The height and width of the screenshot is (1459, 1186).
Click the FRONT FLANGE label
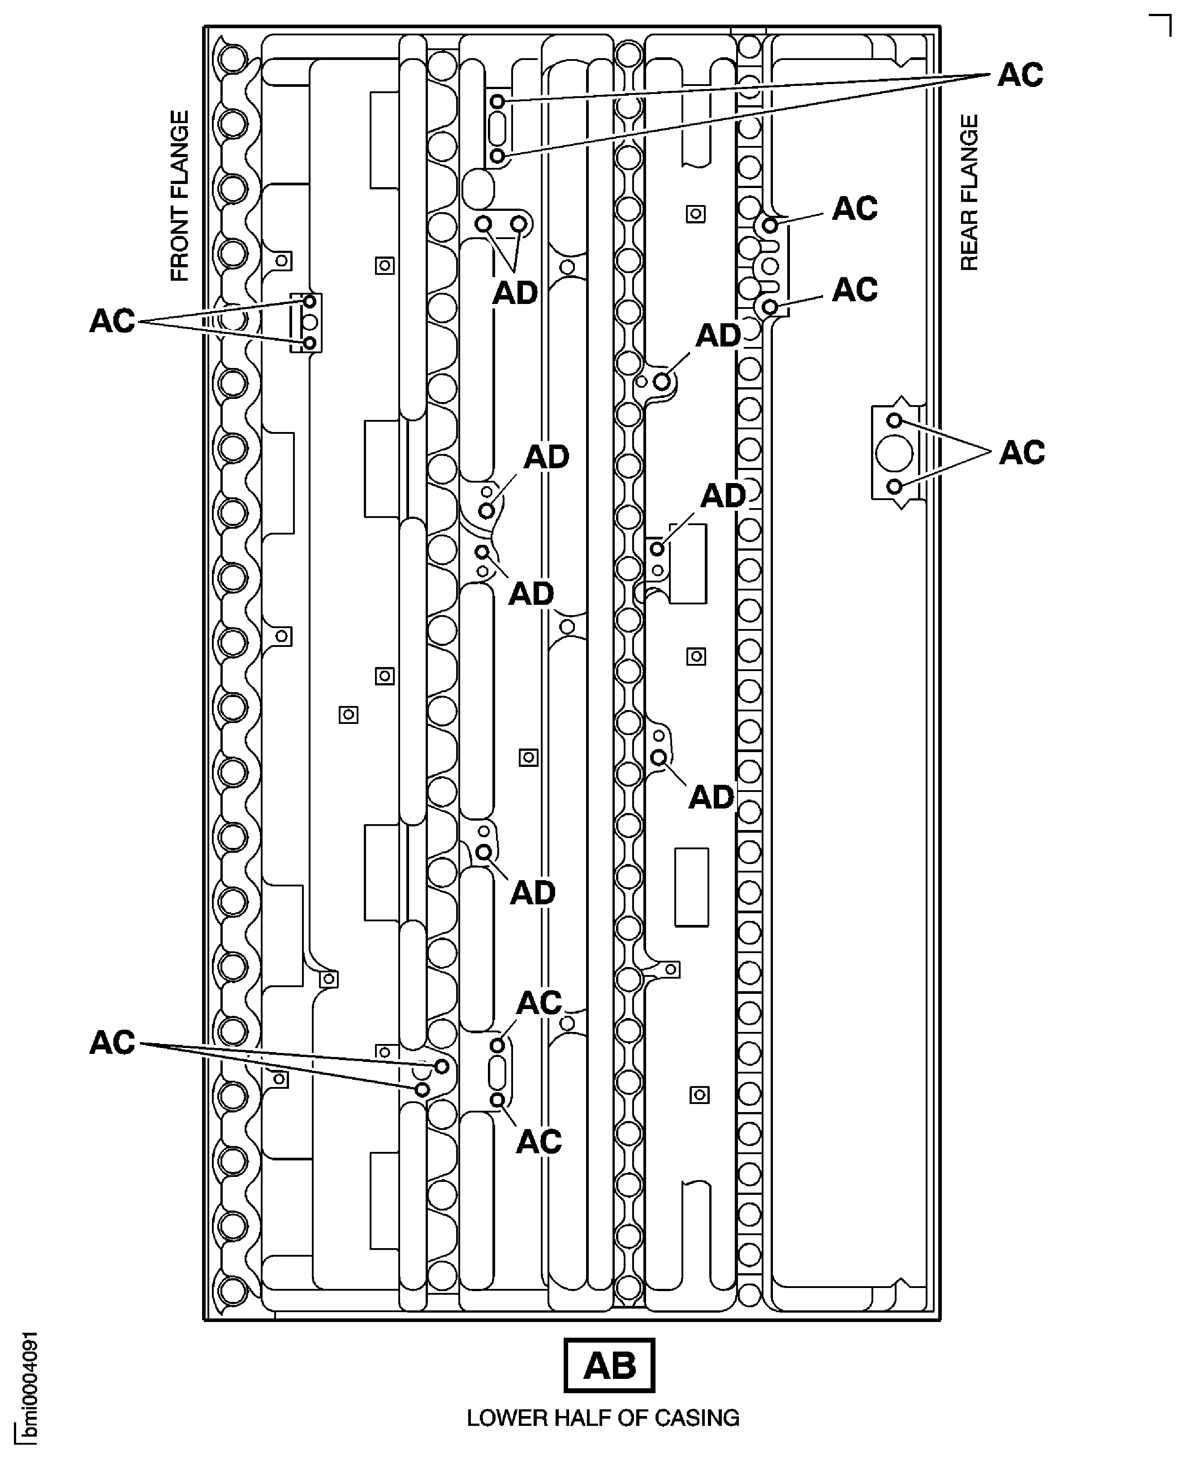point(179,196)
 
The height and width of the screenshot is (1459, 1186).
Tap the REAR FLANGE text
point(970,193)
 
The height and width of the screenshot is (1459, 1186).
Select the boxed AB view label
point(609,1365)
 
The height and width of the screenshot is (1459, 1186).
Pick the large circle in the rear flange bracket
point(893,454)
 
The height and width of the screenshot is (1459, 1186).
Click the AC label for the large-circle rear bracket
point(1022,453)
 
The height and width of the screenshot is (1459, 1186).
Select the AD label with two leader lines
point(515,294)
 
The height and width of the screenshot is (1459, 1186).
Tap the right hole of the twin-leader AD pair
point(519,224)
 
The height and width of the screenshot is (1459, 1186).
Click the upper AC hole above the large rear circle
point(894,420)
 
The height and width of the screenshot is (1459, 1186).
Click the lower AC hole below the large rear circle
point(894,487)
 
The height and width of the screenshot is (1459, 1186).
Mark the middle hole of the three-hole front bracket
point(310,321)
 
